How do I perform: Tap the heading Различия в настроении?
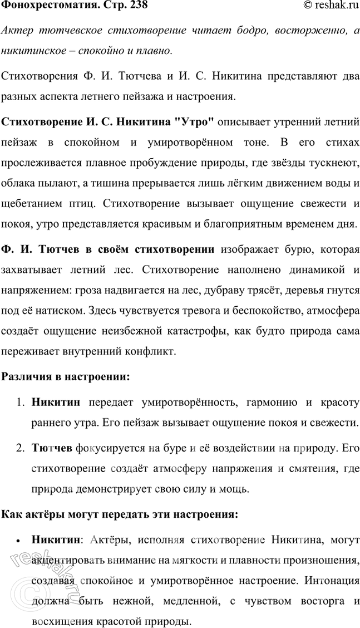pos(66,376)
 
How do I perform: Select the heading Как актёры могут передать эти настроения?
pos(120,515)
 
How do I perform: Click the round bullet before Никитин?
pos(19,539)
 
